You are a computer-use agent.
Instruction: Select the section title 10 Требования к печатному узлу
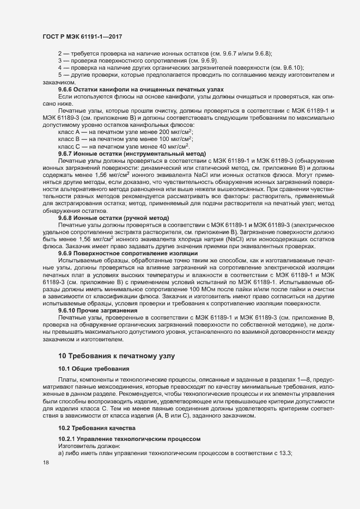[117, 356]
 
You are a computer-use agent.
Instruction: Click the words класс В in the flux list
[68, 139]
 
